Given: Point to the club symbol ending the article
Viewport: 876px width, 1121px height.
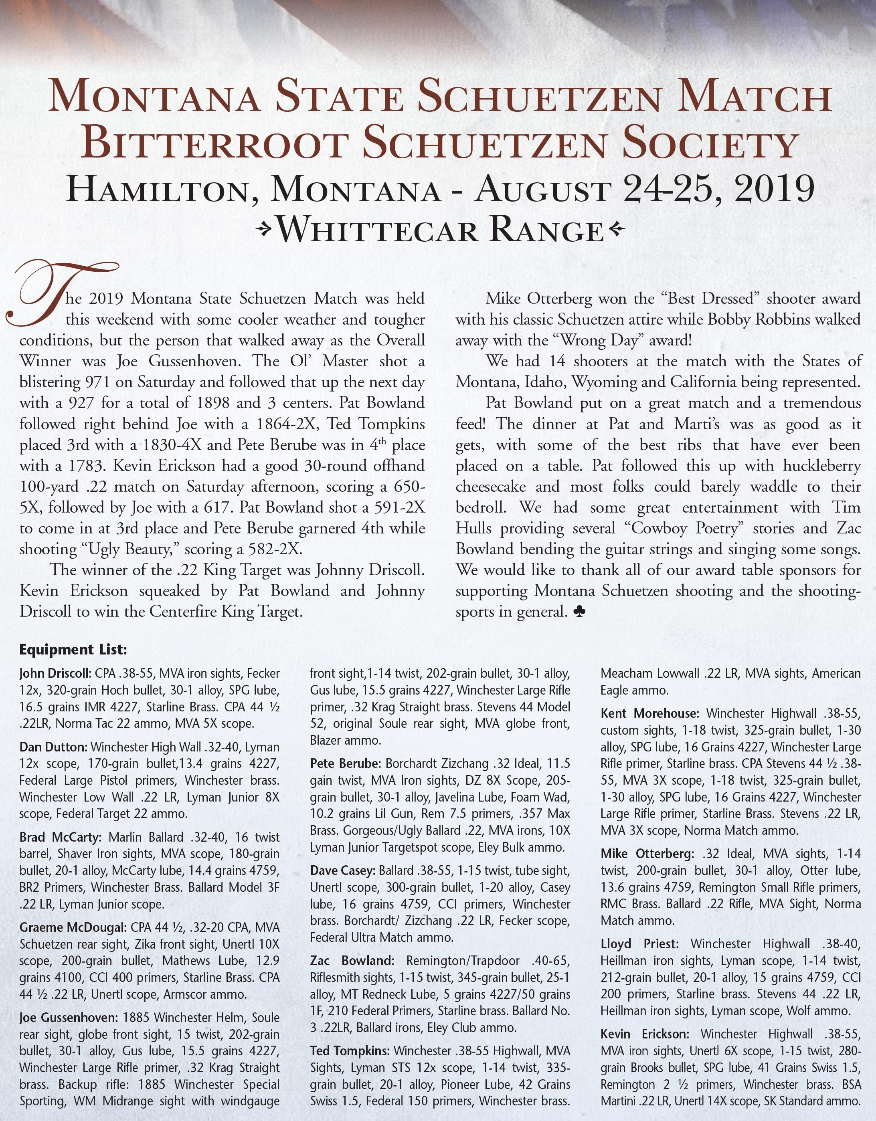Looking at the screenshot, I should [579, 611].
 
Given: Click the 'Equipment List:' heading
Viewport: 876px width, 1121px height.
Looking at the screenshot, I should [73, 650].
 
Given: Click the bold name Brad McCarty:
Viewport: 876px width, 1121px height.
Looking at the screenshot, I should [62, 837].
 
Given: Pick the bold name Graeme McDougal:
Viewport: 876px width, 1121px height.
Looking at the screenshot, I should [73, 927].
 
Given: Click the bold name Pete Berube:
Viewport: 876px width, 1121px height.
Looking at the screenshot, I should [346, 763].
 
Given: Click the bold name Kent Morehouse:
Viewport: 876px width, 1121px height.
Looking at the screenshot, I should [649, 713].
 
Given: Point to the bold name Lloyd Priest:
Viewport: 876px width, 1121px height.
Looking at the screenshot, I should [639, 944].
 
